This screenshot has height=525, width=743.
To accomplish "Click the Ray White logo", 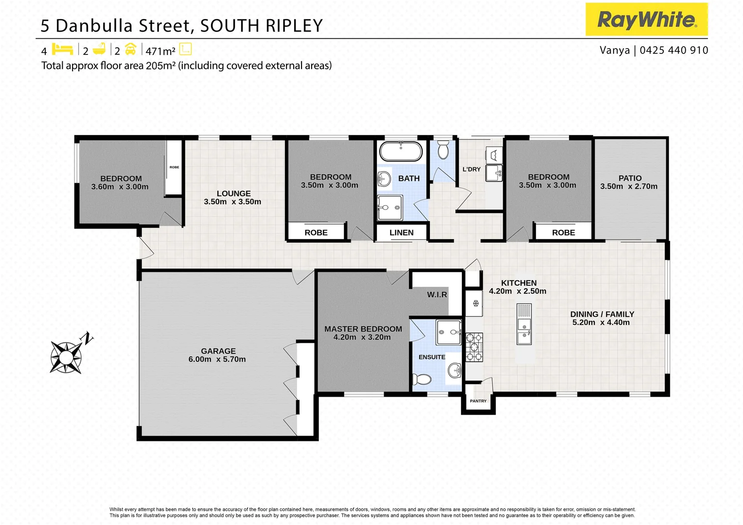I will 646,19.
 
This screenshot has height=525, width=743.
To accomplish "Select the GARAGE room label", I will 218,351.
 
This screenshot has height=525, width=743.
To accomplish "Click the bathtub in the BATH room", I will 401,151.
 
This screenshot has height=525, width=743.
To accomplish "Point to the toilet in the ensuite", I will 422,379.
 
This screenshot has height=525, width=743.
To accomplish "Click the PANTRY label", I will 478,401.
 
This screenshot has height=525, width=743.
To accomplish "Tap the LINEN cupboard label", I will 401,233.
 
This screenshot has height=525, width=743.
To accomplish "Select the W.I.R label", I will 437,295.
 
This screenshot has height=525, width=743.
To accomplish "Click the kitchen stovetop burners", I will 475,347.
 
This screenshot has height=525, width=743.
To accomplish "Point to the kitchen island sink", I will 524,331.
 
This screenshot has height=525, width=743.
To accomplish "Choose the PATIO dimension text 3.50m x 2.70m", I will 629,187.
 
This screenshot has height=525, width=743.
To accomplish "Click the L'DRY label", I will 471,170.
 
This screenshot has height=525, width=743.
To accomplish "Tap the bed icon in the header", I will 62,49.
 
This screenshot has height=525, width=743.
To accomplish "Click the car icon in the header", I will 130,49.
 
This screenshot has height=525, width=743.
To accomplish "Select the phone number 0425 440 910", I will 674,50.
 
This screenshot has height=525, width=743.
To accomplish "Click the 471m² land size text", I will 160,51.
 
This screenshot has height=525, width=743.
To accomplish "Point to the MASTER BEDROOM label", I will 363,329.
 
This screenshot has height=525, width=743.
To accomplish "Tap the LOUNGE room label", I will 233,193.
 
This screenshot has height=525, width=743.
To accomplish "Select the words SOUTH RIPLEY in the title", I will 262,26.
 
